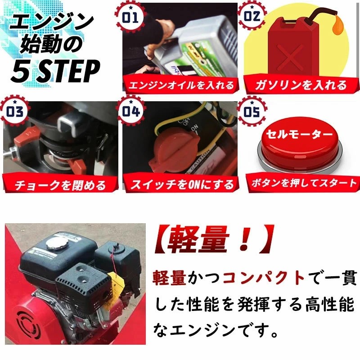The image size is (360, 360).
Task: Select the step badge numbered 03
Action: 14,111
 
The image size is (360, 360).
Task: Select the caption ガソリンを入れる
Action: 301,84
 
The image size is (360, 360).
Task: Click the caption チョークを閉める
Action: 59,184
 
